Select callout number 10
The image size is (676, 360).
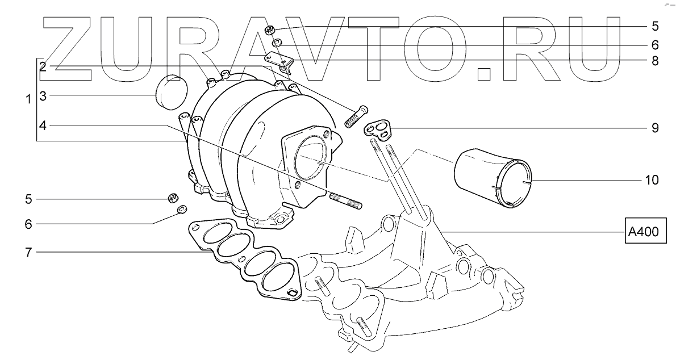[652, 181]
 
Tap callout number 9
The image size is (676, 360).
[655, 128]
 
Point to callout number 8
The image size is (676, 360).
[655, 61]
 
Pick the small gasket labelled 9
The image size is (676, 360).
[379, 129]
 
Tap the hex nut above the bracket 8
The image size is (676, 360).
[270, 31]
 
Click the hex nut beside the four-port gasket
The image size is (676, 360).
[171, 198]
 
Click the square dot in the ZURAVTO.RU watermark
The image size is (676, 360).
[483, 74]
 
